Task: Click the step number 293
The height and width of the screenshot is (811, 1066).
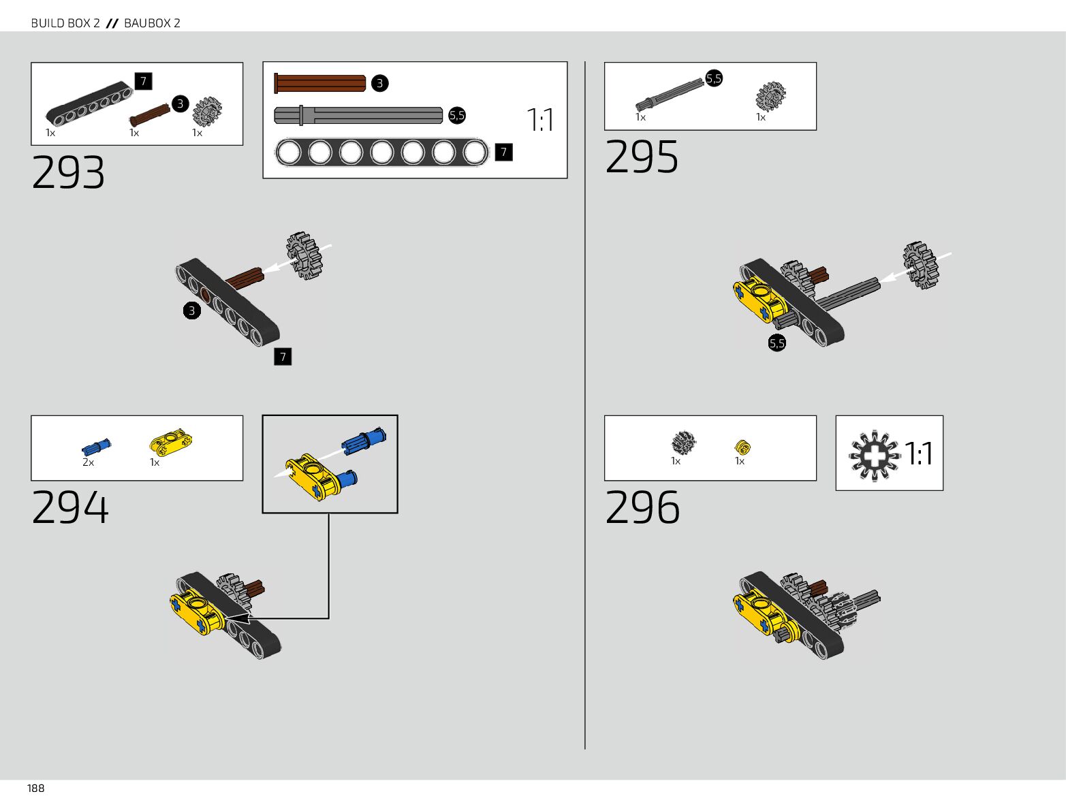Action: [68, 172]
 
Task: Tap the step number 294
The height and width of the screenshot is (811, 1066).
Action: [70, 507]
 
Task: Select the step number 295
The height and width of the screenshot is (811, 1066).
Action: [642, 157]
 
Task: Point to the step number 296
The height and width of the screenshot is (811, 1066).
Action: [642, 507]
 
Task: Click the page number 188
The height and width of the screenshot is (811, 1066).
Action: [35, 788]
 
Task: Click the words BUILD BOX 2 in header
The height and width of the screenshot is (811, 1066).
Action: [65, 23]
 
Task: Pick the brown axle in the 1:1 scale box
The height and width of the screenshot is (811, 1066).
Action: [320, 83]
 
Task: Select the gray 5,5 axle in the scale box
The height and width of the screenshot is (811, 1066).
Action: [358, 115]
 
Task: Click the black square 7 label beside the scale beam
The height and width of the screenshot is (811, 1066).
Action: [503, 152]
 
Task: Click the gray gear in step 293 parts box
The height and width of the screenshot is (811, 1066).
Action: [207, 112]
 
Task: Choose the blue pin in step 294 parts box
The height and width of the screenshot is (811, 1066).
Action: [96, 447]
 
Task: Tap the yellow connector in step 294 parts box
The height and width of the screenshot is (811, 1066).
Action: [170, 443]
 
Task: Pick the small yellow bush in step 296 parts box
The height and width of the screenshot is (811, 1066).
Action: [742, 447]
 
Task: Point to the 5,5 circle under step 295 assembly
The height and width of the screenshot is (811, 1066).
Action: [777, 343]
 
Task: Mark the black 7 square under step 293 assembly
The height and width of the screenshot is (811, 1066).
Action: [283, 356]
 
